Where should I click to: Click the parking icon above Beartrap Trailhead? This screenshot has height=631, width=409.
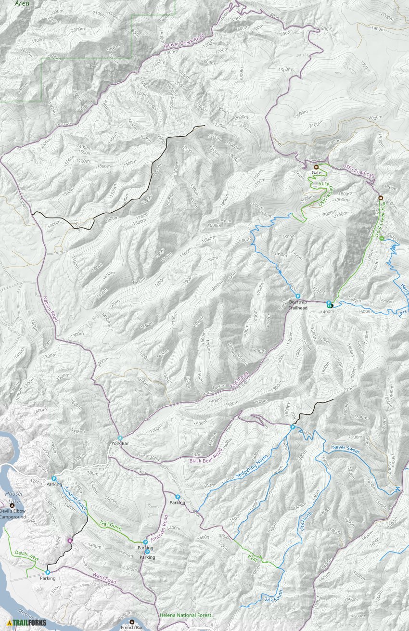pyautogui.click(x=298, y=296)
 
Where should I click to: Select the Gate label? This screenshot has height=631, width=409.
pyautogui.click(x=316, y=172)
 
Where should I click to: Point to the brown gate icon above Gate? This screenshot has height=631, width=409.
pyautogui.click(x=316, y=167)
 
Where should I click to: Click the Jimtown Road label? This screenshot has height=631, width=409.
pyautogui.click(x=158, y=529)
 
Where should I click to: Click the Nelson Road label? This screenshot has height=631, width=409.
pyautogui.click(x=51, y=308)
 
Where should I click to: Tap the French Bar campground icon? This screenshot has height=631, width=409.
pyautogui.click(x=132, y=622)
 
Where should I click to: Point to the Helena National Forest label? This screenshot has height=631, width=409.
pyautogui.click(x=185, y=615)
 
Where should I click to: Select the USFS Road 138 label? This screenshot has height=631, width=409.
pyautogui.click(x=358, y=172)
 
